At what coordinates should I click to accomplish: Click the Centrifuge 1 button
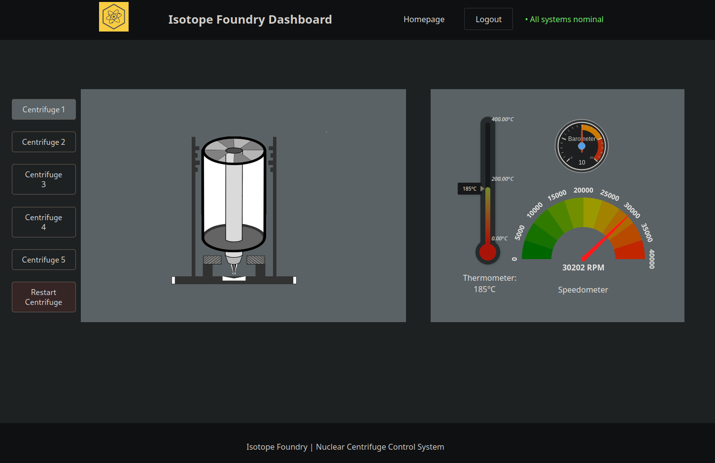[44, 109]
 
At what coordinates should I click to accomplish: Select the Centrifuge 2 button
[44, 142]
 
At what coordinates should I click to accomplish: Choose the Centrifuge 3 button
[44, 179]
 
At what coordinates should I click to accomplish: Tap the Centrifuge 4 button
[44, 222]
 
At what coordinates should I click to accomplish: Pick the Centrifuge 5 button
[44, 260]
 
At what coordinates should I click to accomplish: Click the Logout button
[488, 19]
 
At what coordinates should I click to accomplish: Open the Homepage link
[424, 20]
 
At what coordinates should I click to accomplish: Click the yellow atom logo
[114, 17]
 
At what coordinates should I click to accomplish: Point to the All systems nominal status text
[564, 20]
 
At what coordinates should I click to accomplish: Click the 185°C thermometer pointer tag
[469, 189]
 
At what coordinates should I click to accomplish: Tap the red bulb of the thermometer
[487, 252]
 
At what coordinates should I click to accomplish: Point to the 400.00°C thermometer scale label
[503, 119]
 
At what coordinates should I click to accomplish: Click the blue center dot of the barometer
[581, 146]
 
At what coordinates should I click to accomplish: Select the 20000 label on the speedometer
[583, 190]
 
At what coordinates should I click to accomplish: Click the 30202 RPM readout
[583, 268]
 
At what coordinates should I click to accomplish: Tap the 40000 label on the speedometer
[652, 259]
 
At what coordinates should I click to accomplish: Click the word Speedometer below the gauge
[583, 290]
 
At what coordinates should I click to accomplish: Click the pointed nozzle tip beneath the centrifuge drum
[234, 273]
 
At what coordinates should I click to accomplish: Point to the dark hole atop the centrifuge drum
[234, 151]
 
